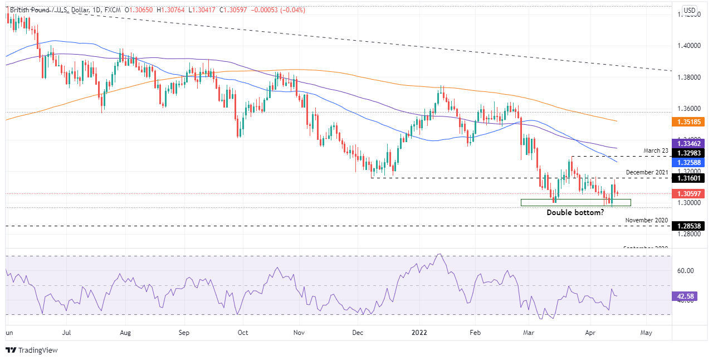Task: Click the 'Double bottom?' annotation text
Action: tap(575, 212)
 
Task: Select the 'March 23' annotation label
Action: tap(656, 150)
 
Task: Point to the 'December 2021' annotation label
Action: tap(646, 172)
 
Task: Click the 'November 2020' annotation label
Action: tap(646, 220)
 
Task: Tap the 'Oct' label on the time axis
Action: tap(242, 333)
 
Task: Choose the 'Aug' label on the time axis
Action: tap(125, 333)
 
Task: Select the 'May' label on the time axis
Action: tap(646, 333)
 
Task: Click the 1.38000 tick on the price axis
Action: tap(688, 77)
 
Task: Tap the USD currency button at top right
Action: tap(690, 11)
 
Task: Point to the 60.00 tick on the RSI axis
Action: tap(685, 271)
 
